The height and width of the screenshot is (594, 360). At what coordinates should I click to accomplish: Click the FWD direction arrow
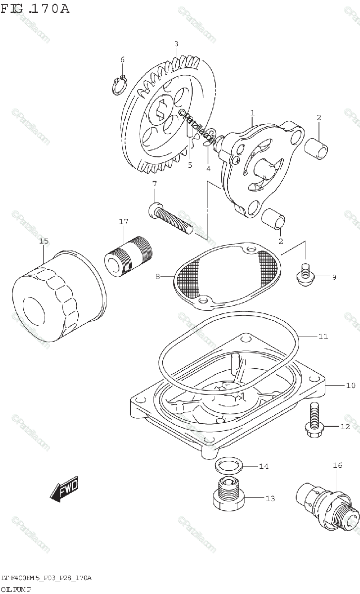(64, 491)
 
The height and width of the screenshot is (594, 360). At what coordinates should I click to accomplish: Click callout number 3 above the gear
(176, 44)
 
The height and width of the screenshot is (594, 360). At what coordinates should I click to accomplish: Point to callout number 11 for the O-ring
(323, 337)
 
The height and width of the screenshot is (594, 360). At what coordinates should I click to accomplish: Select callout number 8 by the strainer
(158, 277)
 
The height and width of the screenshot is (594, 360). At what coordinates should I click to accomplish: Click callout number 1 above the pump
(252, 113)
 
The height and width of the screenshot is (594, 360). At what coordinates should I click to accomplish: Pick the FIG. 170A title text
(35, 8)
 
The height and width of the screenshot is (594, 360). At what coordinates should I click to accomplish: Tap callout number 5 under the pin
(190, 165)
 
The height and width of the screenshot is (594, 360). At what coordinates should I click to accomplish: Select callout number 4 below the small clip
(208, 168)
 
